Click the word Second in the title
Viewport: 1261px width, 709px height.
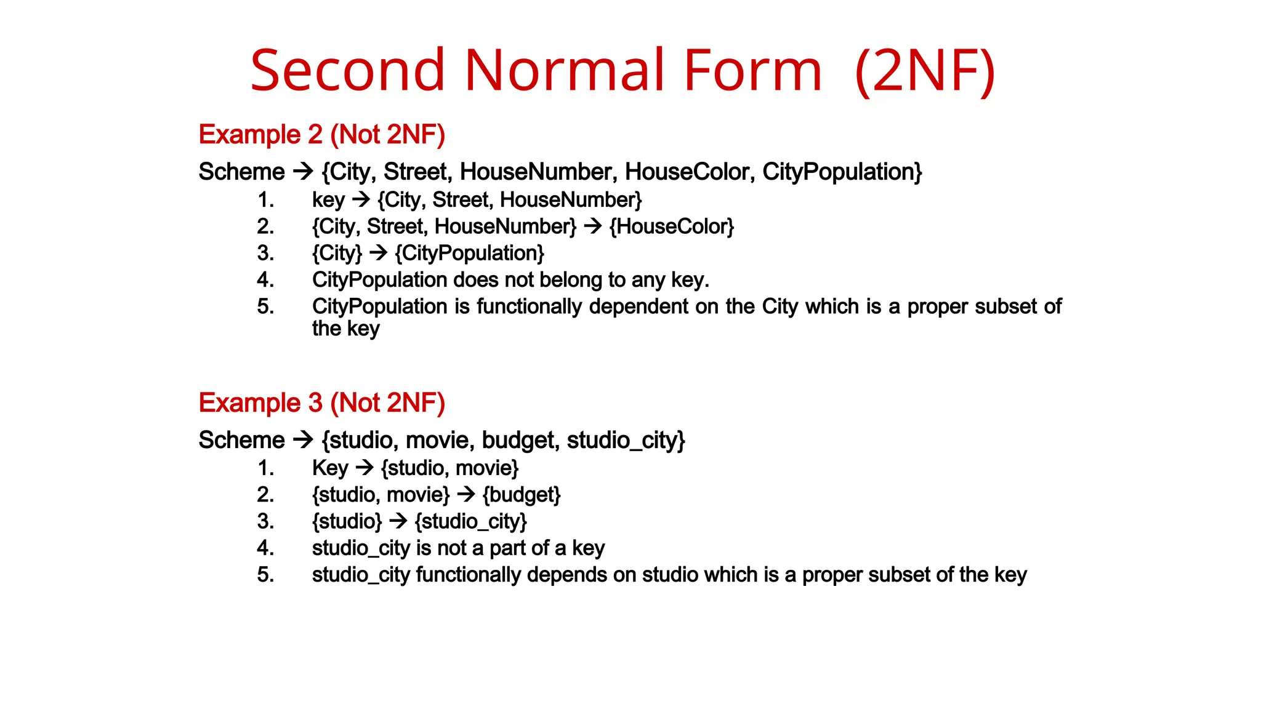pos(347,70)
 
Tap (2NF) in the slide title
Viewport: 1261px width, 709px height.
pos(925,70)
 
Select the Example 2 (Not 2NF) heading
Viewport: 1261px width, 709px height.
pos(321,134)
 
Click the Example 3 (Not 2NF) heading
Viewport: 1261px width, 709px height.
pos(321,403)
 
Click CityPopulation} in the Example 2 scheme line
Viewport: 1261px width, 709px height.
pos(842,172)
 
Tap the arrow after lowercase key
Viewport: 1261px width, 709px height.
pos(361,199)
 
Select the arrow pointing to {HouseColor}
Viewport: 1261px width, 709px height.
pos(592,226)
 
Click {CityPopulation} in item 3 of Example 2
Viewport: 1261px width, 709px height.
pos(470,253)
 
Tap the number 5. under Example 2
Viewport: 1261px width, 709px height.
pos(265,306)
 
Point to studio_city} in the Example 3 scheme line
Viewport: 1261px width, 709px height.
pos(626,440)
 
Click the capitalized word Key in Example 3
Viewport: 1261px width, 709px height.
pos(330,468)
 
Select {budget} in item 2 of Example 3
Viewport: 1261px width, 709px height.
pos(522,495)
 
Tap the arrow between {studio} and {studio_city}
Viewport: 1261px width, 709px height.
pos(398,521)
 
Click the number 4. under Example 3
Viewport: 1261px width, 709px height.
pos(265,548)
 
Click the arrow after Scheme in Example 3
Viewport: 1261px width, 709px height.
pos(303,439)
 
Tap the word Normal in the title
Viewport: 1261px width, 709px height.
pos(565,70)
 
